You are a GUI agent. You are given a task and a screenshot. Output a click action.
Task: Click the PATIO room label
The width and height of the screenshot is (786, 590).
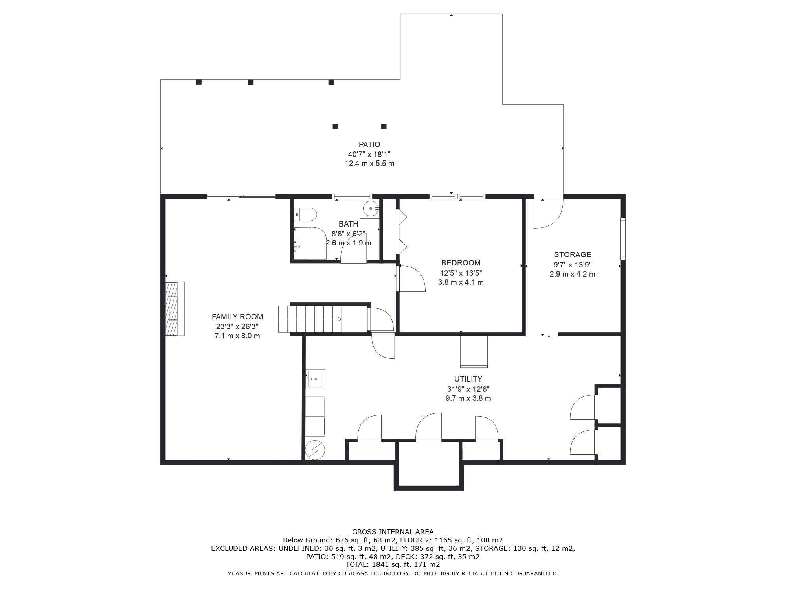click(369, 144)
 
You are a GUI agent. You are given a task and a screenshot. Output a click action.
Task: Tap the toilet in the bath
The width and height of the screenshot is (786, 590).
click(305, 214)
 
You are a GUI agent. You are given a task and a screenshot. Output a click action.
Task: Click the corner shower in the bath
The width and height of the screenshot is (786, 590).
click(310, 243)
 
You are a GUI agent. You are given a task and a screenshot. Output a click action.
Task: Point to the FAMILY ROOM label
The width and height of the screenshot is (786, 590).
click(237, 317)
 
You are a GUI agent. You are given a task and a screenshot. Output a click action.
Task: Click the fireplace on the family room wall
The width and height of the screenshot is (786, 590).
click(175, 309)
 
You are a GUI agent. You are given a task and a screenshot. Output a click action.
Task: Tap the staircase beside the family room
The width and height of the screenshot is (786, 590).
click(310, 319)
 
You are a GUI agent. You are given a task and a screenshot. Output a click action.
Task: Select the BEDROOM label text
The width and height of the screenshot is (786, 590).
click(461, 263)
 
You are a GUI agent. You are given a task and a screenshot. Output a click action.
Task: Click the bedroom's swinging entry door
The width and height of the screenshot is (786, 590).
click(411, 278)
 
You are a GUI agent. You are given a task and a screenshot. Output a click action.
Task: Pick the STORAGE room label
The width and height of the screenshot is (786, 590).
click(573, 254)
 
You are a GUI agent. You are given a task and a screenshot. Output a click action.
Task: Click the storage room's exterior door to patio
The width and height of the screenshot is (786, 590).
click(549, 211)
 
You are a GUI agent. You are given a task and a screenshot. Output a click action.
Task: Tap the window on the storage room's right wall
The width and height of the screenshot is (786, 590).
click(623, 239)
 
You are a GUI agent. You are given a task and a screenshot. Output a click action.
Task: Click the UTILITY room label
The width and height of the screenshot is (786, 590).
click(468, 379)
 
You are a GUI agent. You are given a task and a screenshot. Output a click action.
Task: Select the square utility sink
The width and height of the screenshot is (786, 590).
click(316, 379)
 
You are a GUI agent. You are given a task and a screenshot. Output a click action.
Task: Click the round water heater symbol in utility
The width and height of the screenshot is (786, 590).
click(315, 450)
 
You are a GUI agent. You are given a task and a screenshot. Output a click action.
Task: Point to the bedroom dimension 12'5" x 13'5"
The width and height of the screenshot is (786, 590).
click(461, 273)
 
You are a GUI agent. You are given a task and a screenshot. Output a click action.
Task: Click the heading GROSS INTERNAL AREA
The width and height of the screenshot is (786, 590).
click(393, 532)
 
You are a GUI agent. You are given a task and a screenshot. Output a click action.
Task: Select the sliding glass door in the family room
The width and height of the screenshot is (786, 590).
click(241, 196)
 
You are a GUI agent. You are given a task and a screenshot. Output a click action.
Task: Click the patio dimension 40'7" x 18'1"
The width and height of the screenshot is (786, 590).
click(369, 154)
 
